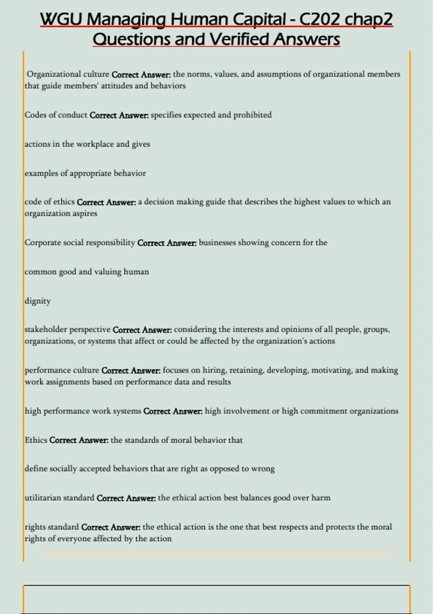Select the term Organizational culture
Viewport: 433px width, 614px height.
(x=68, y=74)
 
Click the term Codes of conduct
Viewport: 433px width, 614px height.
(x=56, y=115)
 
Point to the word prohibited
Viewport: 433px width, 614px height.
(x=252, y=115)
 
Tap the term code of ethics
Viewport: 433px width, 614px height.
(x=50, y=202)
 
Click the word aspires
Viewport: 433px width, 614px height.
(x=87, y=213)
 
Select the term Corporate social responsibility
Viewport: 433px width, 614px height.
(x=80, y=243)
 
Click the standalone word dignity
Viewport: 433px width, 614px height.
(x=38, y=301)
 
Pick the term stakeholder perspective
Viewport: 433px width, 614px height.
(x=67, y=330)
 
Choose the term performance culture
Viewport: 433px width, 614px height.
(x=62, y=371)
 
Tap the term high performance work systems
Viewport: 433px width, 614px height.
(x=83, y=411)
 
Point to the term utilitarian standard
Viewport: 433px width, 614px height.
(x=60, y=498)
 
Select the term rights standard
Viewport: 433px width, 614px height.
(x=52, y=527)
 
